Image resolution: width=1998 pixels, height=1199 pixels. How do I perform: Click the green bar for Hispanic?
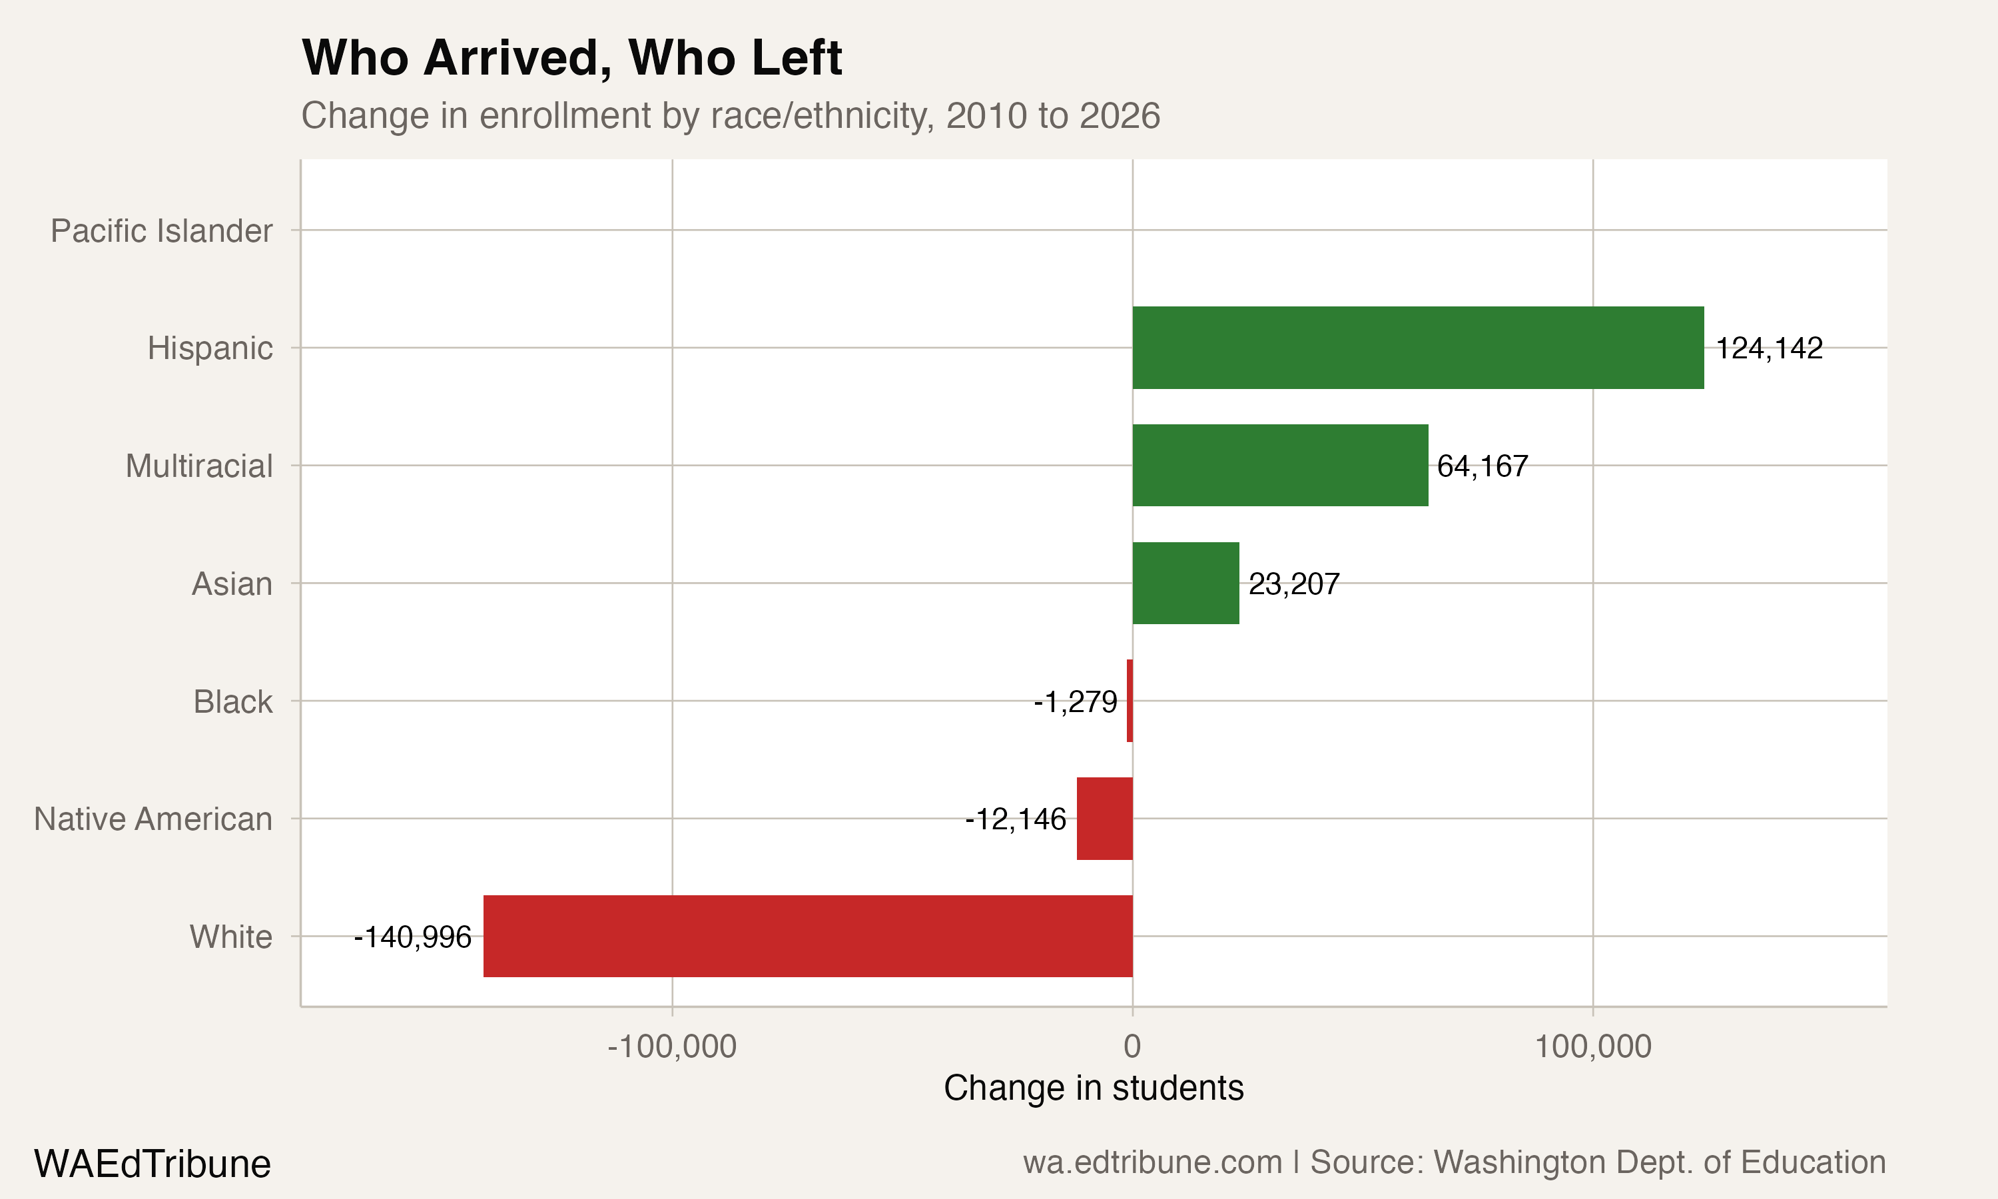pos(1417,348)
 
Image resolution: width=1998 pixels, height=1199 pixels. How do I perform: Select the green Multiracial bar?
pos(1280,466)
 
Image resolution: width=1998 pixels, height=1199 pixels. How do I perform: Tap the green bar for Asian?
pos(1185,584)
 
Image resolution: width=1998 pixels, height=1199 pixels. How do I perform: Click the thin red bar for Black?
pos(1130,701)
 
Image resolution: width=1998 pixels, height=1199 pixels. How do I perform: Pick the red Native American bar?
pos(1104,819)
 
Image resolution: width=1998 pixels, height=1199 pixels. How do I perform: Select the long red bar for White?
pos(808,937)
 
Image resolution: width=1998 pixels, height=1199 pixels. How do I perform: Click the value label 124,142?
pos(1769,348)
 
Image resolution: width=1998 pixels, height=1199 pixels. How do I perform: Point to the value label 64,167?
pos(1482,466)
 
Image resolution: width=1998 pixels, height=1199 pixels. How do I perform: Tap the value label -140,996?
pos(413,937)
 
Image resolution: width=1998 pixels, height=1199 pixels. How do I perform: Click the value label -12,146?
pos(1015,819)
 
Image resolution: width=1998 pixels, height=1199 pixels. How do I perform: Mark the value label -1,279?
pos(1075,701)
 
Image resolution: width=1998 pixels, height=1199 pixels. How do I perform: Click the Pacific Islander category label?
pos(162,231)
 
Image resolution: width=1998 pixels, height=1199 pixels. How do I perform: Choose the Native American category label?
pos(153,819)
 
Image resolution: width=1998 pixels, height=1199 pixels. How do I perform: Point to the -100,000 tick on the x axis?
pos(672,1046)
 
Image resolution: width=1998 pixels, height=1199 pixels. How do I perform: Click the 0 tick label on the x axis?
pos(1132,1046)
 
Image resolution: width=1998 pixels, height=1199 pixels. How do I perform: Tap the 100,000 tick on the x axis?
pos(1592,1046)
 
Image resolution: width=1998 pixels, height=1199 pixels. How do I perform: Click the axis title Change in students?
pos(1093,1088)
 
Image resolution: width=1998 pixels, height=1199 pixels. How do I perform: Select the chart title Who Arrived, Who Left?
pos(572,58)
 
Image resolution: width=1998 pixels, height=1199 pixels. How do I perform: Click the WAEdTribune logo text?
pos(152,1164)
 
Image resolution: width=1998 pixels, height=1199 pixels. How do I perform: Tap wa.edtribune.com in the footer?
pos(1152,1162)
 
